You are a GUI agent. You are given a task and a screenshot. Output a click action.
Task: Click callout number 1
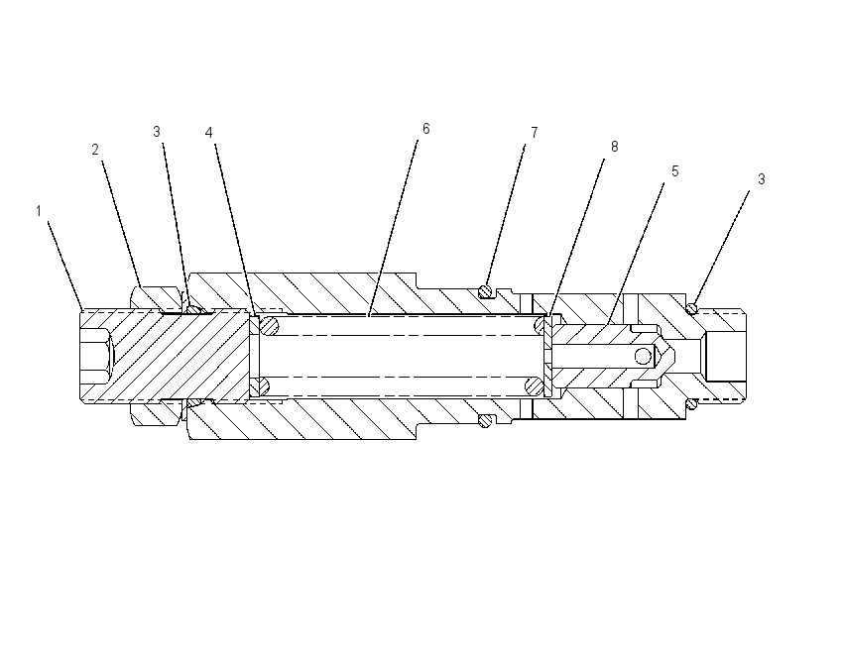pos(39,211)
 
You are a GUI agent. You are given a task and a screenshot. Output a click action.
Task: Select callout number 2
pos(95,150)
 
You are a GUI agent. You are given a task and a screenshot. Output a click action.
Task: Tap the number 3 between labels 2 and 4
pos(157,132)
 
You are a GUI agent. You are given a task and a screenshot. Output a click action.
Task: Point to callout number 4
pos(209,133)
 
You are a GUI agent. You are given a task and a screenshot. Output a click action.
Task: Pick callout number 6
pos(426,129)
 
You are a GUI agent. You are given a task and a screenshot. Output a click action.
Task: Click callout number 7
pos(534,133)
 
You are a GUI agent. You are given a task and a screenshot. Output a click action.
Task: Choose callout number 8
pos(615,147)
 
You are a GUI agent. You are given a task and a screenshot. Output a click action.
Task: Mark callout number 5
pos(675,171)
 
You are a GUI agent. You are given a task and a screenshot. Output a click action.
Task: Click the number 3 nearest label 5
pos(762,179)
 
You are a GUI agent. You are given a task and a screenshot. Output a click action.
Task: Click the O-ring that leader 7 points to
pos(485,291)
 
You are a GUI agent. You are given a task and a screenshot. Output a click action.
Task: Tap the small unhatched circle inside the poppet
pos(643,356)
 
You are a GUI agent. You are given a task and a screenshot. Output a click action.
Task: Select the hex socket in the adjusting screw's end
pos(95,356)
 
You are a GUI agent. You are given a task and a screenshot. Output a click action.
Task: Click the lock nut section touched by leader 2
pos(155,298)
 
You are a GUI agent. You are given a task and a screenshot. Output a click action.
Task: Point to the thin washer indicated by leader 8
pos(548,356)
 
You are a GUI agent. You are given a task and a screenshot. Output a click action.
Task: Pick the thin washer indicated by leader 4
pos(255,356)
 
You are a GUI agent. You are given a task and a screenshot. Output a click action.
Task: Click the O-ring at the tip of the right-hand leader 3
pos(692,308)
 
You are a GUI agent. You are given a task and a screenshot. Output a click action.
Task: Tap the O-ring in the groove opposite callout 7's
pos(485,420)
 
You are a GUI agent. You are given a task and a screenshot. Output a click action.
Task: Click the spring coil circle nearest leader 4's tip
pos(269,325)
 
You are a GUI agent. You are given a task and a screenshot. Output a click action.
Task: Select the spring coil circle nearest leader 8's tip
pos(540,325)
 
